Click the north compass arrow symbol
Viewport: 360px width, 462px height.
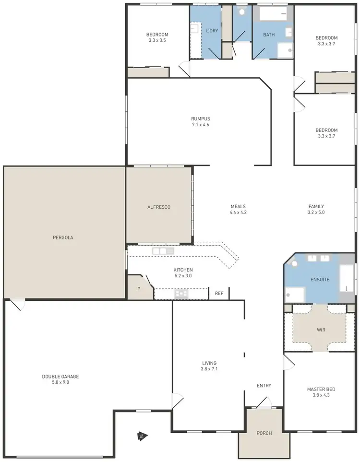point(142,436)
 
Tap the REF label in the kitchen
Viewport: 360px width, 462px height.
point(219,293)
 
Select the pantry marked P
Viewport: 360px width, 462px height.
point(139,289)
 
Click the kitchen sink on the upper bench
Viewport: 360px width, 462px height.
point(163,251)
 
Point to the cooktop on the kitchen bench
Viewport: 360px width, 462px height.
point(181,293)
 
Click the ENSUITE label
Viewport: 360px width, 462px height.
point(320,279)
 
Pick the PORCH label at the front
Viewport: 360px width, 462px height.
point(264,433)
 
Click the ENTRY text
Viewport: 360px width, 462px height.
point(264,386)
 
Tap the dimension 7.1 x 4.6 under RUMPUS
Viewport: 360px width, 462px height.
point(201,125)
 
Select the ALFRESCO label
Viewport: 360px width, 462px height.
point(159,207)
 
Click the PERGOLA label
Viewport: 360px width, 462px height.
point(63,237)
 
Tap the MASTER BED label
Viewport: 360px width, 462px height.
point(321,389)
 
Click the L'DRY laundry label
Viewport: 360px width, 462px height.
point(212,31)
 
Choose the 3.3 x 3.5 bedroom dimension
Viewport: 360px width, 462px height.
point(157,40)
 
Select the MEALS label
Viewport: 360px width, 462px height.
point(238,206)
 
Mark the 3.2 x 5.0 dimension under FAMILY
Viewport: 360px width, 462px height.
point(316,212)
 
